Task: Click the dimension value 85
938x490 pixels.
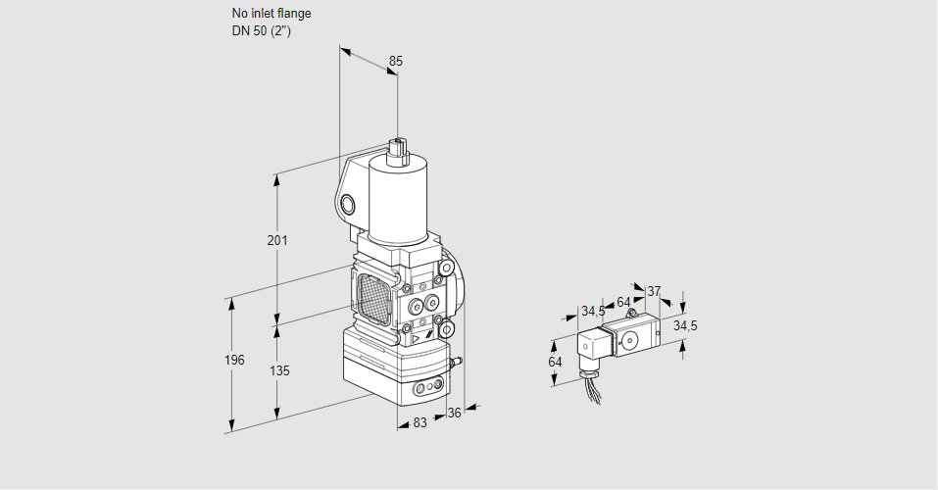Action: (395, 61)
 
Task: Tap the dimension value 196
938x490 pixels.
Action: (233, 360)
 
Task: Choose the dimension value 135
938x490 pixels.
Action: (279, 371)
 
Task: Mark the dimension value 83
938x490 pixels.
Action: (420, 422)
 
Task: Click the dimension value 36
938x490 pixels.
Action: (454, 413)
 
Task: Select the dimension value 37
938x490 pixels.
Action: (654, 291)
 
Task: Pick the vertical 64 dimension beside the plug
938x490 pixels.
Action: (556, 362)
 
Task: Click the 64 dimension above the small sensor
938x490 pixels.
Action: (623, 302)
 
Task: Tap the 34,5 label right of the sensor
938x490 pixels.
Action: (685, 324)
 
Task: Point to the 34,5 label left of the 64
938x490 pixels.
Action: (592, 311)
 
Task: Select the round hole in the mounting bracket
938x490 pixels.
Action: (348, 204)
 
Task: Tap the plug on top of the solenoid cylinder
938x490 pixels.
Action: (399, 149)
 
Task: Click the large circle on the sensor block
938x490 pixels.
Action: (629, 341)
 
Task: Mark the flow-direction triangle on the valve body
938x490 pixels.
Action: (416, 338)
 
